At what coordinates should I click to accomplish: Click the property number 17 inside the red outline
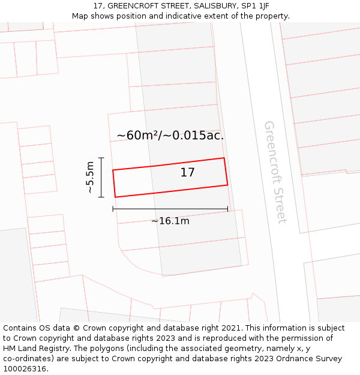(187, 173)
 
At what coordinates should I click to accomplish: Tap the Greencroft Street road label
(275, 172)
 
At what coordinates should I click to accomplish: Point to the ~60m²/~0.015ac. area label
(170, 136)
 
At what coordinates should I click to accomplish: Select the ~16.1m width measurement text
(170, 221)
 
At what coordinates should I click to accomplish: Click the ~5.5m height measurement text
(90, 177)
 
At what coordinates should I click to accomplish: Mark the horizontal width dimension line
(170, 209)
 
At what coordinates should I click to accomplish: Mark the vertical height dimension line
(101, 177)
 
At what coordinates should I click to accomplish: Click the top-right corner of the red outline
(224, 158)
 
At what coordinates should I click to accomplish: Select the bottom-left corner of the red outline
(115, 197)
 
